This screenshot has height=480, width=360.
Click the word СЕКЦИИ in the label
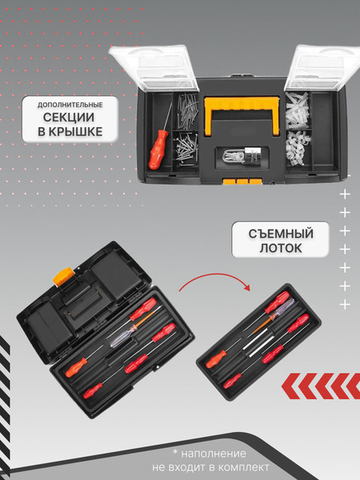tap(69, 118)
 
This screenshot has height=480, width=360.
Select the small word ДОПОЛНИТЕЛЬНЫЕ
tap(70, 105)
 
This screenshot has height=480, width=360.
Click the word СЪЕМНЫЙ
tap(281, 234)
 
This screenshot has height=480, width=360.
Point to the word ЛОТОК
tap(281, 248)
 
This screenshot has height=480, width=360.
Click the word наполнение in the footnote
tap(214, 454)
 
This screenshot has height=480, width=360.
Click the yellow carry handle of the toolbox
tap(242, 114)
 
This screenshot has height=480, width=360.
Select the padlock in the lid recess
tap(242, 156)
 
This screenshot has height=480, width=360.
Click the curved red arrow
tap(214, 279)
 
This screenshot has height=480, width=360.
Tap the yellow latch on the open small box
tap(63, 276)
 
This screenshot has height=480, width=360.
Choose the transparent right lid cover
tap(322, 67)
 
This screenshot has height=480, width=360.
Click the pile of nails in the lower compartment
tap(186, 149)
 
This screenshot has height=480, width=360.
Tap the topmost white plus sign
tap(345, 194)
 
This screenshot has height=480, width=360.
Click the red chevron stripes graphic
tap(321, 386)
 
